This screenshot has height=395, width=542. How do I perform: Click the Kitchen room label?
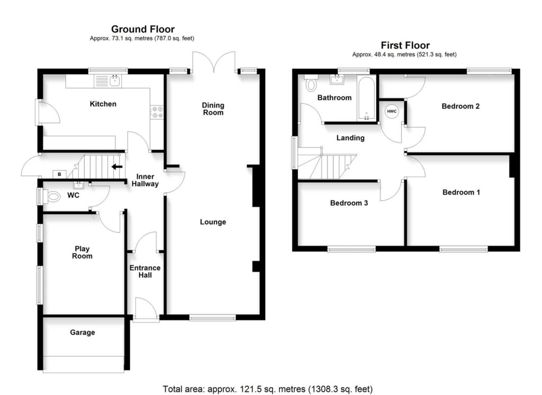[x=103, y=104]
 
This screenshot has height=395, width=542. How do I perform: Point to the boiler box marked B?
[x=59, y=174]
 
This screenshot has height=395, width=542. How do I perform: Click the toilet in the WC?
[x=53, y=197]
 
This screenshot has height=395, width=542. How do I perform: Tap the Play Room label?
[x=82, y=252]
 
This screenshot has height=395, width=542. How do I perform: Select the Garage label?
[x=83, y=332]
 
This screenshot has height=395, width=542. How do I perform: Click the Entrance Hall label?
[x=144, y=271]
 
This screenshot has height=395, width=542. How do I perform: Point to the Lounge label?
[x=213, y=222]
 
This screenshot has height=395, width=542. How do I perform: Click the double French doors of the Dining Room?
[x=213, y=62]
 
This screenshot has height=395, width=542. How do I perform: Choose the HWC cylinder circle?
[x=392, y=111]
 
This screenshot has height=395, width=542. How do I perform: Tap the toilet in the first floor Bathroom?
[x=311, y=83]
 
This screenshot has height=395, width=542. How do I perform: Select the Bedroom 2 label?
[x=460, y=106]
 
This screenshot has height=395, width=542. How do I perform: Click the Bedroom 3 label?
[x=349, y=203]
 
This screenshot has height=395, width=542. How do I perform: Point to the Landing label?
[x=350, y=138]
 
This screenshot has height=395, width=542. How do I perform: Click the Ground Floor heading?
[x=142, y=29]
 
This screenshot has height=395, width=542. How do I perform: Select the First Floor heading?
[x=405, y=46]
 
